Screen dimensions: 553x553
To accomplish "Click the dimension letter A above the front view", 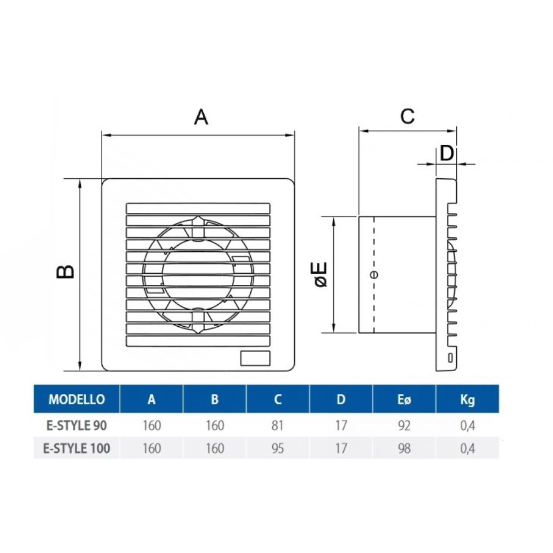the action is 201,118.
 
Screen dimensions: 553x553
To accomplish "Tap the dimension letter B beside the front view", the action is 65,271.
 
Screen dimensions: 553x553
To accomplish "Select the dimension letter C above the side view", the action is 407,116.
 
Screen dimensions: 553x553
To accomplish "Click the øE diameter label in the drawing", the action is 321,274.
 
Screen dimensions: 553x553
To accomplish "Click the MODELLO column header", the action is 76,400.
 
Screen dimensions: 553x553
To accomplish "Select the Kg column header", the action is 467,400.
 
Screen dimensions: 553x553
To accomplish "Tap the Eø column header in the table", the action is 404,400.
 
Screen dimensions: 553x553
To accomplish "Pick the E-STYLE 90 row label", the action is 76,425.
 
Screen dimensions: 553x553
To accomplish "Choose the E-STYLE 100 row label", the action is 76,448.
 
